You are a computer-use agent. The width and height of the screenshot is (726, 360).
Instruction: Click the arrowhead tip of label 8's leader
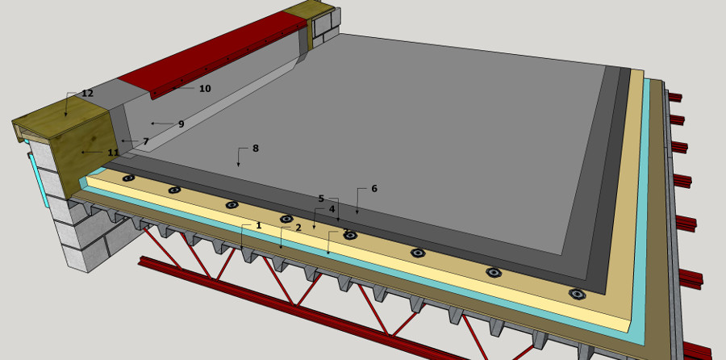(x=239, y=166)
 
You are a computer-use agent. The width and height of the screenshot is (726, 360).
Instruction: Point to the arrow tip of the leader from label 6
(x=357, y=214)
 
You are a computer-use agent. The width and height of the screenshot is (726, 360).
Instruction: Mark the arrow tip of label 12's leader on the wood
(x=66, y=116)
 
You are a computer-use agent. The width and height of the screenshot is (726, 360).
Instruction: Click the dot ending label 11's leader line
(x=83, y=152)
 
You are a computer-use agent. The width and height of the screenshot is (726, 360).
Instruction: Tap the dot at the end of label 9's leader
(x=152, y=123)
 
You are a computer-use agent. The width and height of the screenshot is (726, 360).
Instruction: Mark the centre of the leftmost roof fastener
(x=128, y=178)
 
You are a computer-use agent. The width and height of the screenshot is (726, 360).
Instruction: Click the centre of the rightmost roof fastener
(x=578, y=294)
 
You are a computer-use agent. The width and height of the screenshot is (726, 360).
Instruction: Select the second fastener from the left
(x=174, y=190)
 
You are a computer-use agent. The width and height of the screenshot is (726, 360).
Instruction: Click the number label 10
(x=205, y=89)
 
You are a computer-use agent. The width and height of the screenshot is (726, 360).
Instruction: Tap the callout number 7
(x=146, y=141)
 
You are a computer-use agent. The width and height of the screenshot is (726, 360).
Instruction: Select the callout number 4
(x=332, y=209)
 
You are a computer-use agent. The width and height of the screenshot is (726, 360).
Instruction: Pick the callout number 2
(x=298, y=228)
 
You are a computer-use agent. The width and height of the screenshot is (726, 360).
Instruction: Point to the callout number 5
(x=321, y=199)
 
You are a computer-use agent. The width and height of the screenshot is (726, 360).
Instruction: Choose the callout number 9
(x=181, y=123)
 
